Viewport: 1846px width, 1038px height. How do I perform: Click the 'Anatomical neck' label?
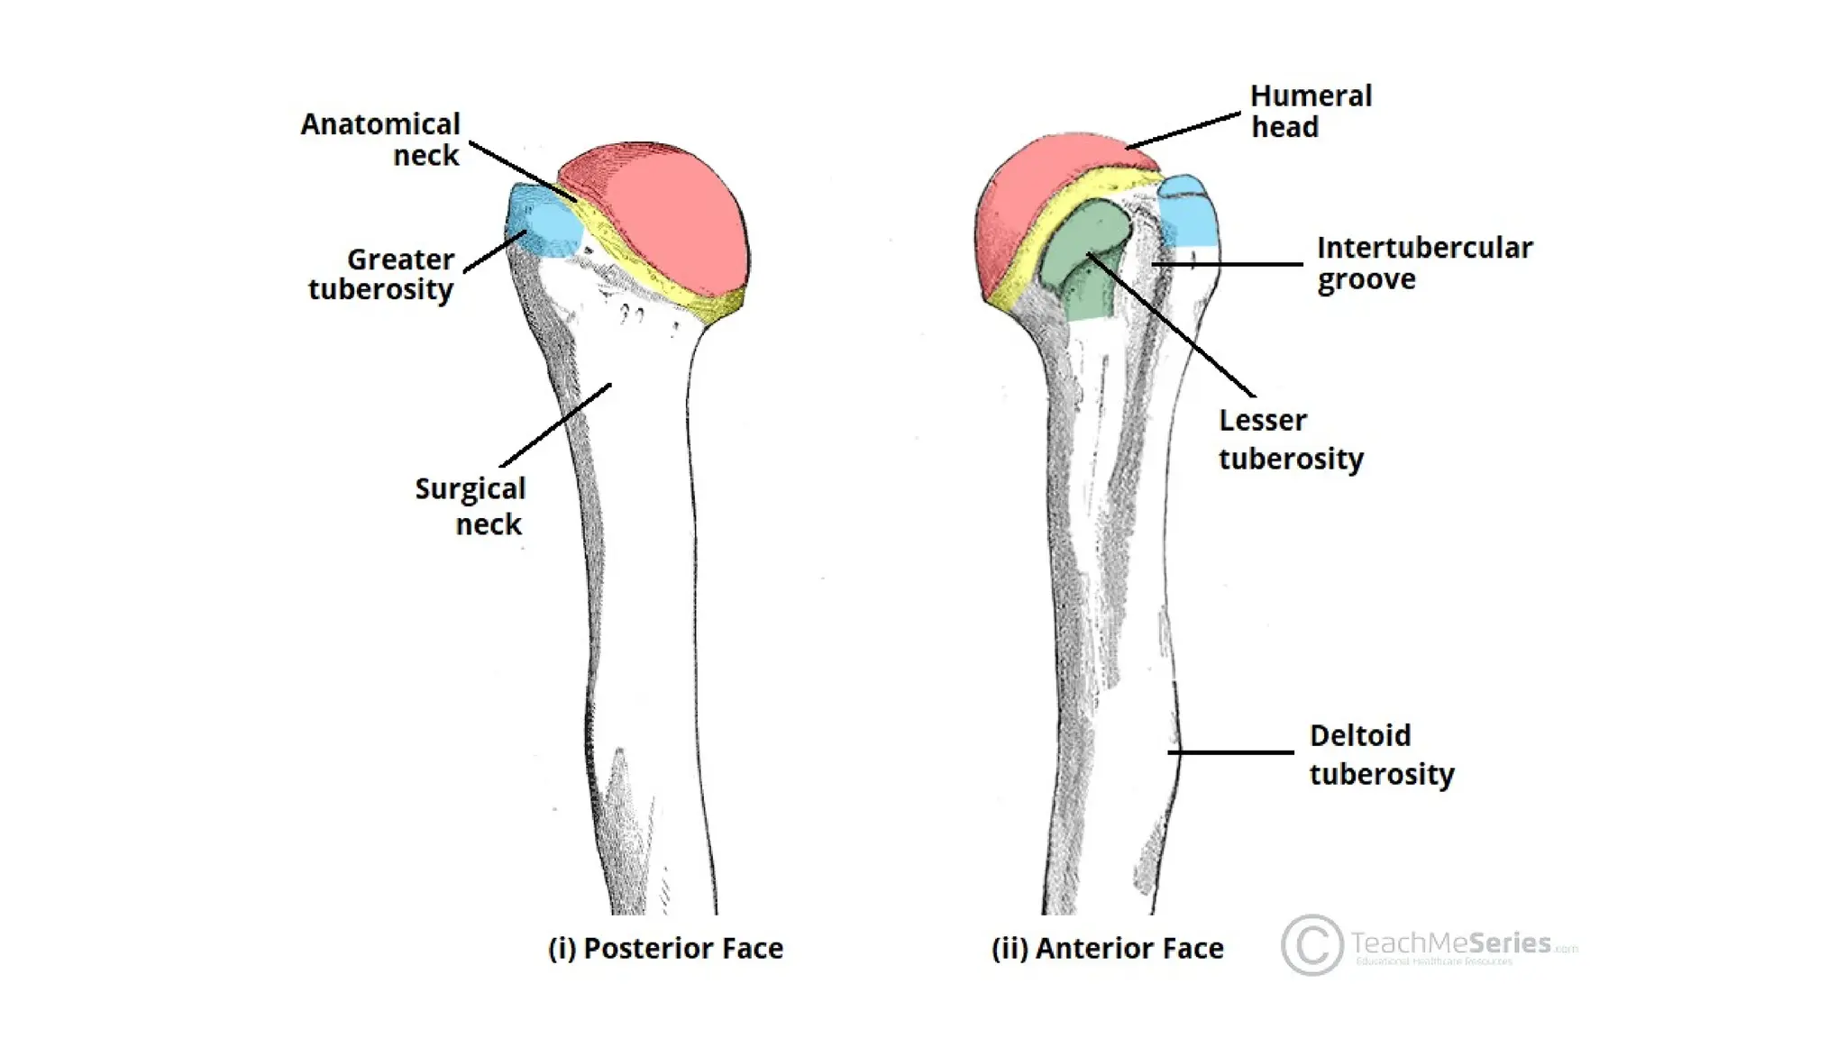(x=380, y=139)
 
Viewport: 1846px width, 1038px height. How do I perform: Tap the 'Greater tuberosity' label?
(x=381, y=274)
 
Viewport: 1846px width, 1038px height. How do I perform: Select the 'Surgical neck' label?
(x=470, y=505)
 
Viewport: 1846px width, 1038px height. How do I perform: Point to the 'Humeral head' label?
(x=1311, y=111)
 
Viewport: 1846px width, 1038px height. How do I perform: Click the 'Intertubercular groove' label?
(x=1424, y=263)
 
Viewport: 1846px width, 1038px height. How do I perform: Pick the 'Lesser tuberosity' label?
(x=1291, y=440)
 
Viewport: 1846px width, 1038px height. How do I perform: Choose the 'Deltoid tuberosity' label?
(x=1381, y=755)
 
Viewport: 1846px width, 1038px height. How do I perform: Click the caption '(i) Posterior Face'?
(x=665, y=948)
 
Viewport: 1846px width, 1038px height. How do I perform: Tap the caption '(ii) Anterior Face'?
(x=1107, y=948)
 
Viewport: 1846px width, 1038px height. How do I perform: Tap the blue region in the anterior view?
(x=1187, y=216)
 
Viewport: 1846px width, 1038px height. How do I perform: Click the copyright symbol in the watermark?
(x=1311, y=944)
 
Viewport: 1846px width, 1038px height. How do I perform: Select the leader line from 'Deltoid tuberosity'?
(x=1230, y=752)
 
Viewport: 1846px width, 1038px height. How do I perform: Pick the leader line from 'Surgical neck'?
(x=556, y=425)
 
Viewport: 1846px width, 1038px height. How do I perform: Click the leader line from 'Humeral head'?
(x=1183, y=131)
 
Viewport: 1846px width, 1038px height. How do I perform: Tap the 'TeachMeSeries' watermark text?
(x=1451, y=943)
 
